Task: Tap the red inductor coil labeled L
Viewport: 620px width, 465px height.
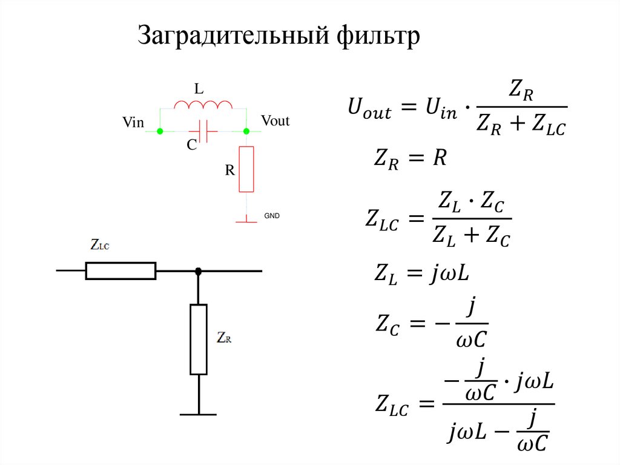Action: [203, 106]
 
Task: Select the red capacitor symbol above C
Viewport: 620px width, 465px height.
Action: [203, 130]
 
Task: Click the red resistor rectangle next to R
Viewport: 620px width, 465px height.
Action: [246, 169]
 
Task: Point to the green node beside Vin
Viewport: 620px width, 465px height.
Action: [160, 131]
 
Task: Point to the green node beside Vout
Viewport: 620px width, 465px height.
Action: [246, 131]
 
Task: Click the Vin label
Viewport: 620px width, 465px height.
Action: [133, 123]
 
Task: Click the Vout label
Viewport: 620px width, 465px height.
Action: [275, 121]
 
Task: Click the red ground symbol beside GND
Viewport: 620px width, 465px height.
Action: [246, 220]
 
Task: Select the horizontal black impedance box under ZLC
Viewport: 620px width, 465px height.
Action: [120, 271]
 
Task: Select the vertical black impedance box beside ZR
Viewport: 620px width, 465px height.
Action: [199, 340]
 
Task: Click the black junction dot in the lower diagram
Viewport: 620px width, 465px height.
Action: [199, 271]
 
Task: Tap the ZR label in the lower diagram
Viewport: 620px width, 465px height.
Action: [224, 338]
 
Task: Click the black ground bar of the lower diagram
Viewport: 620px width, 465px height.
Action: [198, 415]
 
